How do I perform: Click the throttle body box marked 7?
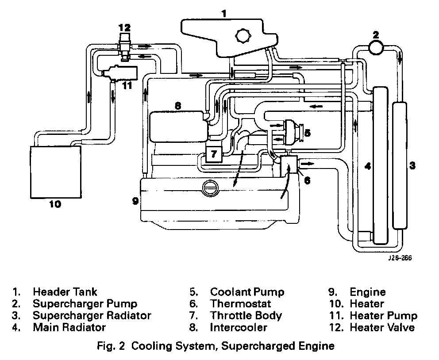214,154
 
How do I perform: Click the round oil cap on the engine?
209,188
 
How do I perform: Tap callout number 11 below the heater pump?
127,85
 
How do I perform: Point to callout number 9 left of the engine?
135,201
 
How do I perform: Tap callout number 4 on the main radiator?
366,166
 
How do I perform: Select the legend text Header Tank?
65,292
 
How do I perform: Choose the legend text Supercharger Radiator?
92,316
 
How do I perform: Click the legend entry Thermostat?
240,304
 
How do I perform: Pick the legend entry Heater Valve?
382,328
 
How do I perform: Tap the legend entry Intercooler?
239,328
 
